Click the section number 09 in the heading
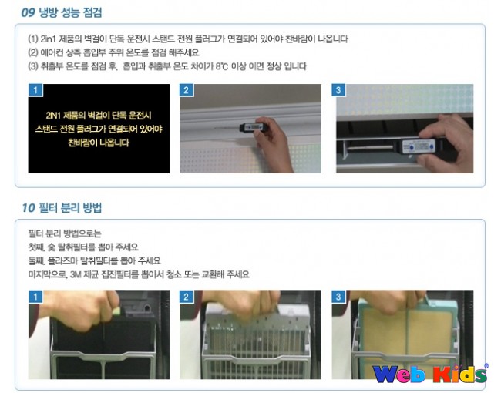click(x=28, y=13)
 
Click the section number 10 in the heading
click(x=28, y=208)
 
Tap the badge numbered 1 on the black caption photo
click(x=35, y=90)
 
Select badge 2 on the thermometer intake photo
click(x=187, y=90)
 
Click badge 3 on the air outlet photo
click(x=338, y=90)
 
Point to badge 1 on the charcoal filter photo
click(x=35, y=297)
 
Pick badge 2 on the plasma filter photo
click(x=187, y=297)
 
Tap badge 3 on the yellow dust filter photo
click(x=338, y=297)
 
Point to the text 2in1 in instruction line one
click(x=48, y=39)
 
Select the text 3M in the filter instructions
click(x=75, y=274)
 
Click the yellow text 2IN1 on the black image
click(x=54, y=116)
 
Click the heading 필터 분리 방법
click(x=70, y=208)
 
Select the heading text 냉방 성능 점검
click(x=70, y=13)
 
